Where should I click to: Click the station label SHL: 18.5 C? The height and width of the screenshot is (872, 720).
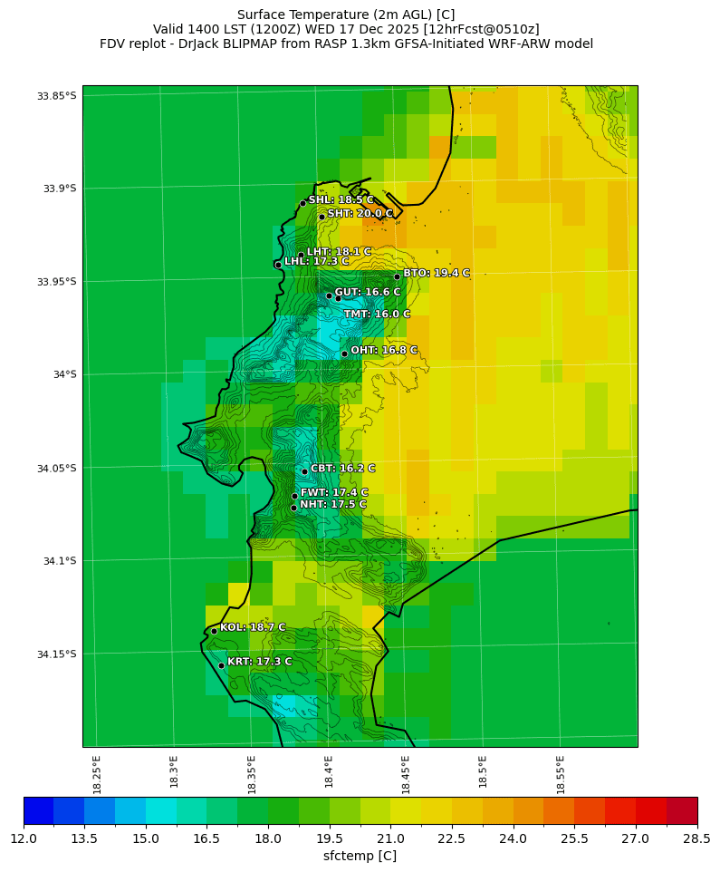click(341, 200)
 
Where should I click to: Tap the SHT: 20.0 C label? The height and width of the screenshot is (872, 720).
click(360, 214)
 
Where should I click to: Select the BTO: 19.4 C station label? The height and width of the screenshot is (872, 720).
click(437, 273)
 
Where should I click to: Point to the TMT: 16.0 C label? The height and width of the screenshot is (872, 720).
click(377, 315)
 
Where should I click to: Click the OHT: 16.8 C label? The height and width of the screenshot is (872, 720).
click(384, 350)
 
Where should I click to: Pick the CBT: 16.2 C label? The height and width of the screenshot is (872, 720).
click(342, 469)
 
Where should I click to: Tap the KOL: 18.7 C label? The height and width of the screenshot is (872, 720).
click(253, 627)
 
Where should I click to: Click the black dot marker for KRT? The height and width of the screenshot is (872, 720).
click(221, 665)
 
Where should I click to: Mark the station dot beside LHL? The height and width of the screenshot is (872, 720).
click(278, 265)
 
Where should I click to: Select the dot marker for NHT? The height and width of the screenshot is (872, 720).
click(293, 508)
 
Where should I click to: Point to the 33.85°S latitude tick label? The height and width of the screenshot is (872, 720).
click(56, 96)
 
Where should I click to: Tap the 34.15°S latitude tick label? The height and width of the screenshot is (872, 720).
click(56, 654)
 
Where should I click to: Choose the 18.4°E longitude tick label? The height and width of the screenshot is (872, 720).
click(329, 774)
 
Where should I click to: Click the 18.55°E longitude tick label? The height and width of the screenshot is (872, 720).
click(561, 774)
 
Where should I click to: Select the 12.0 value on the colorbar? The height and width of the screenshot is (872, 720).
click(24, 838)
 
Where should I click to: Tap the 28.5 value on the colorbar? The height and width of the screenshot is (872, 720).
click(696, 838)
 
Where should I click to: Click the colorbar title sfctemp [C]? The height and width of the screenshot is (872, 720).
click(360, 856)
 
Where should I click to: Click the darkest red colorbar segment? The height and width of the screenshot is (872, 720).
click(682, 809)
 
